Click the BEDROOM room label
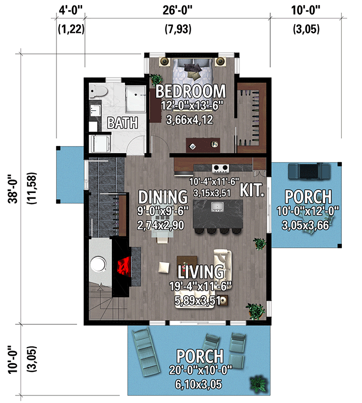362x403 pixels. pyautogui.click(x=190, y=91)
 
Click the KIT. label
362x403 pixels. pyautogui.click(x=252, y=190)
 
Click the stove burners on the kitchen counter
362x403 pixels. pyautogui.click(x=220, y=168)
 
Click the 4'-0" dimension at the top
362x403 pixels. pyautogui.click(x=71, y=10)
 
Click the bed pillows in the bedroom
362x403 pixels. pyautogui.click(x=192, y=65)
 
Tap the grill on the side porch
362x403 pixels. pyautogui.click(x=304, y=171)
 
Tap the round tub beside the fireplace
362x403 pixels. pyautogui.click(x=99, y=265)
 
